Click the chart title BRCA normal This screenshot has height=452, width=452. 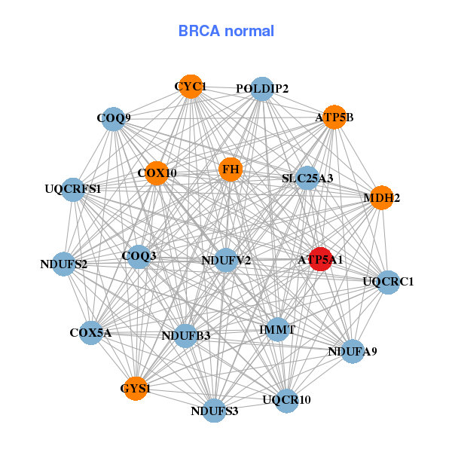[x=226, y=31]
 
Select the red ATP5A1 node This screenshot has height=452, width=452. [x=321, y=259]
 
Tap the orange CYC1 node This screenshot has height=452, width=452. [x=191, y=87]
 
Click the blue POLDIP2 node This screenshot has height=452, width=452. [x=261, y=89]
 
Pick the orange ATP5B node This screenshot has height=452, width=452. [x=334, y=117]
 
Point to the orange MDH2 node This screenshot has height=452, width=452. [x=381, y=198]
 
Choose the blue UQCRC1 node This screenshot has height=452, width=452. [x=387, y=282]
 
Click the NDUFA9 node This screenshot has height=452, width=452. [x=353, y=351]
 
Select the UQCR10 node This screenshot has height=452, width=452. [x=286, y=399]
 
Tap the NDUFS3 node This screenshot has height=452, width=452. [x=215, y=411]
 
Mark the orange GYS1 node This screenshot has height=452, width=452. [x=136, y=389]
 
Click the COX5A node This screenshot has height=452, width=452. [x=90, y=332]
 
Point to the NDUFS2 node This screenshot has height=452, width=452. [x=64, y=264]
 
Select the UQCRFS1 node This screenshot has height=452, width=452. [x=73, y=188]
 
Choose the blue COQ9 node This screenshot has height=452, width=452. [x=113, y=118]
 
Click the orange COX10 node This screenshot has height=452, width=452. [x=157, y=173]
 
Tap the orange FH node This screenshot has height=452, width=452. [x=231, y=169]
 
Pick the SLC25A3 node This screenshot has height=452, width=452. [x=307, y=179]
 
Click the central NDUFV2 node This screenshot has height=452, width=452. [x=226, y=260]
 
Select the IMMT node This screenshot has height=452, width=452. [x=277, y=329]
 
